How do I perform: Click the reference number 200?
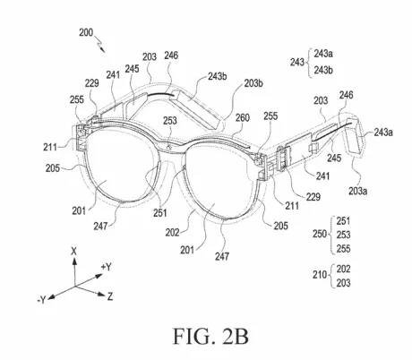coord(86,32)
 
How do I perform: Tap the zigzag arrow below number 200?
coord(99,44)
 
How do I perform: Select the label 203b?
coord(253,83)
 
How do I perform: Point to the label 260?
coord(242,117)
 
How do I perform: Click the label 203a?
coord(357,191)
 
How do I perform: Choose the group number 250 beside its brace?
coord(320,234)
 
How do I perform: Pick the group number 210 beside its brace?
coord(320,274)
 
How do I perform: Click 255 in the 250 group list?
coord(343,248)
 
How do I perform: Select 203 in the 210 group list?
coord(343,283)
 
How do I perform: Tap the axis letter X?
coord(73,252)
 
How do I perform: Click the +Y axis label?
coord(106,267)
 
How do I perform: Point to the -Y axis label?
coord(42,299)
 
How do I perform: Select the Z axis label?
coord(110,296)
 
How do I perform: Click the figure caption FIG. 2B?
coord(210,336)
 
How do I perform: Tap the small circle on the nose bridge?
coord(169,147)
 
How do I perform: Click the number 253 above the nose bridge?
coord(170,121)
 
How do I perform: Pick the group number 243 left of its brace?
coord(297,62)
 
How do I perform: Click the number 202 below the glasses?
coord(172,232)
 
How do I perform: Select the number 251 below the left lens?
coord(160,213)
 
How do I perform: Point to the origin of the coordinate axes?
coord(74,286)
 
